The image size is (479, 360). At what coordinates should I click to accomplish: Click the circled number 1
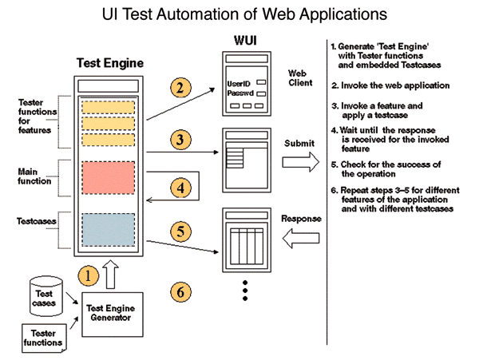(x=89, y=273)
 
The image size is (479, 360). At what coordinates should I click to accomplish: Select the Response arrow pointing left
(x=301, y=235)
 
